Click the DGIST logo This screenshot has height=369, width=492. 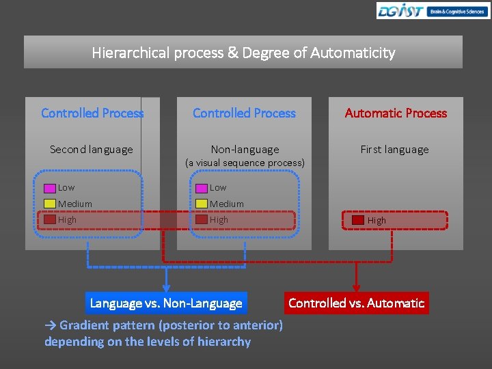[x=432, y=11]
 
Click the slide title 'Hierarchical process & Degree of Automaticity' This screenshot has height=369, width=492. [x=243, y=53]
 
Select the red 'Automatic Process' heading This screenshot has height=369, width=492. [x=396, y=113]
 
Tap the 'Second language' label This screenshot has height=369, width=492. [x=92, y=150]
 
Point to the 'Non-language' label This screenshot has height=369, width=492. [x=245, y=150]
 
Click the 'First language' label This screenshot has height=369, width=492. [x=395, y=150]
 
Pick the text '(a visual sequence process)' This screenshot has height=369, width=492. [x=245, y=163]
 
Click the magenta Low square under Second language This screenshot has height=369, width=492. [x=50, y=188]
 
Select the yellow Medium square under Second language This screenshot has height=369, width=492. [x=50, y=204]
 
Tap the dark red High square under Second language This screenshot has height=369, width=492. [x=50, y=220]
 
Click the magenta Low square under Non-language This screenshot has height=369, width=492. [x=202, y=188]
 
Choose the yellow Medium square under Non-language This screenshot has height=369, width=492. [x=202, y=204]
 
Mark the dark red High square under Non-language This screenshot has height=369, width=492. [x=202, y=220]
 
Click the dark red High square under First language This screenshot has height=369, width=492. [x=358, y=220]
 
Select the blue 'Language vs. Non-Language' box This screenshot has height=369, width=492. [x=166, y=303]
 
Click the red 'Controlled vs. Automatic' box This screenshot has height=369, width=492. [x=356, y=303]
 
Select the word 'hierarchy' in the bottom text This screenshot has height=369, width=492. [x=223, y=342]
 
